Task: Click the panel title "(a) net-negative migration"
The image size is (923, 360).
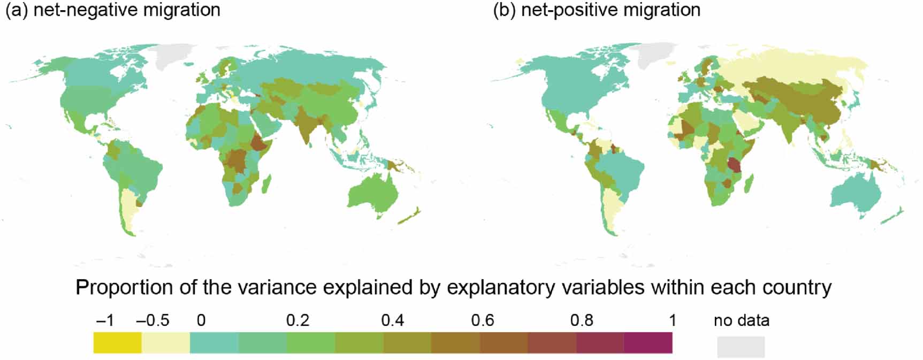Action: tap(112, 10)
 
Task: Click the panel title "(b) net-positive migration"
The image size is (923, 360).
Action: tap(596, 10)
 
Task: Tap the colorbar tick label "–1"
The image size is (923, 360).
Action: tap(105, 320)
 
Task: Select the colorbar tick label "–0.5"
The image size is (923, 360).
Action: tap(152, 320)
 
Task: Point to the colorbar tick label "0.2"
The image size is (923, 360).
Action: tap(298, 320)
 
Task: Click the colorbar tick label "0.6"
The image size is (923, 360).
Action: tap(482, 320)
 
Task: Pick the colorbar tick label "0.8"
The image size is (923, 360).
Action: tap(581, 320)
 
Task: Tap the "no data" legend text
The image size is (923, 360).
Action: tap(741, 320)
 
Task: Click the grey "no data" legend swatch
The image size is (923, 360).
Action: tap(741, 347)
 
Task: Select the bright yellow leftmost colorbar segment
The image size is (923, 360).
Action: tap(117, 343)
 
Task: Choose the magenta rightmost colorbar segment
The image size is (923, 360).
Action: tap(648, 343)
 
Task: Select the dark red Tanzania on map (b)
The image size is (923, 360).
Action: tap(735, 164)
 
